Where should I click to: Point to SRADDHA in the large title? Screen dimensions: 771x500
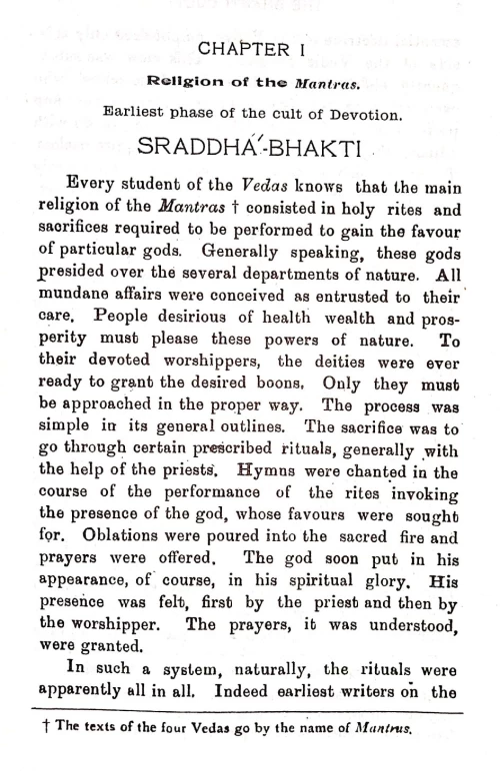[x=205, y=149]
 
